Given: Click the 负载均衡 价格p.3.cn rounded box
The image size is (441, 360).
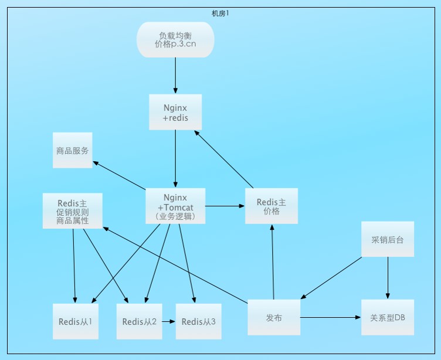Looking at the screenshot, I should point(175,40).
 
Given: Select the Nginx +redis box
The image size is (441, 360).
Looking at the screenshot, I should point(175,112).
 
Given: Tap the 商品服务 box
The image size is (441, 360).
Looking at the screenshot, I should point(73,150).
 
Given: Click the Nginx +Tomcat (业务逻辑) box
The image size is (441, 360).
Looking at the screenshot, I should point(175,206).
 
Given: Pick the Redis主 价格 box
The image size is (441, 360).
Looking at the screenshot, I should point(272,206).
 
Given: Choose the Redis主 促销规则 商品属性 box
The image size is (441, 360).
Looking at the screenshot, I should point(73,210).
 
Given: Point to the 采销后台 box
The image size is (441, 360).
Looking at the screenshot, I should point(388,239).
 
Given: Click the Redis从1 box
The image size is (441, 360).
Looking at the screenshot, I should point(75,321).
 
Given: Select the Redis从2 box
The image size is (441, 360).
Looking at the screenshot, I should point(139,321).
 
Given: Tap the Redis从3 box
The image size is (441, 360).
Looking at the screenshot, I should point(199,321).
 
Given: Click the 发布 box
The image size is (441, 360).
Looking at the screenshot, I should point(274,317).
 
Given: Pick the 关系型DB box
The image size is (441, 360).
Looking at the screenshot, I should point(388,317).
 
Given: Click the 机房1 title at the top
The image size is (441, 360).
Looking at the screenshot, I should point(220,13).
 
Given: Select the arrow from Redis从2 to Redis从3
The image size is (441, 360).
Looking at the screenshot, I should point(169,321).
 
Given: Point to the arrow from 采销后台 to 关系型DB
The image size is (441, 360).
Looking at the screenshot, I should point(388,278).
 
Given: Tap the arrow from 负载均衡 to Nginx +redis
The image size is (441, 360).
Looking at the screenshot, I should point(175,76).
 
